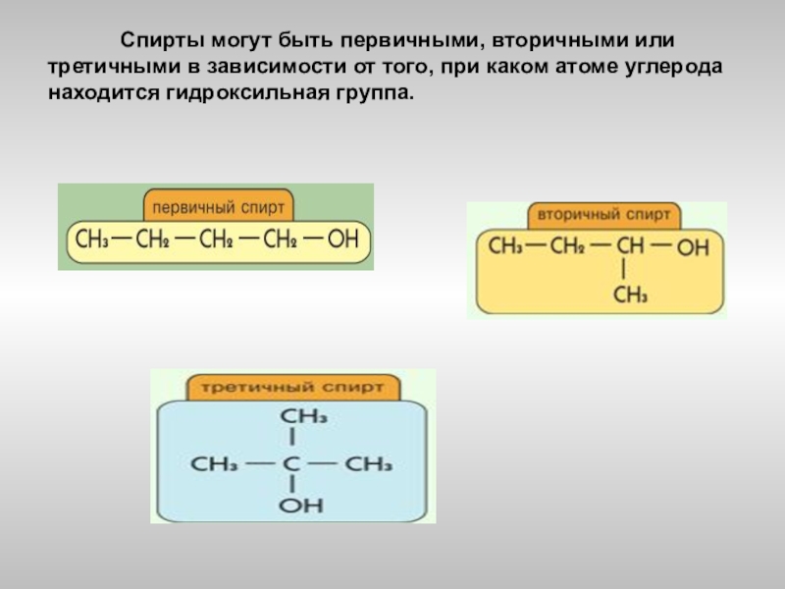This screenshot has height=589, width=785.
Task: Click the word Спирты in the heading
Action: point(161,41)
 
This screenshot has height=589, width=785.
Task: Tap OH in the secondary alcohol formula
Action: point(693,246)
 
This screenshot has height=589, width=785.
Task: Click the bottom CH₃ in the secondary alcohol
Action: point(631,294)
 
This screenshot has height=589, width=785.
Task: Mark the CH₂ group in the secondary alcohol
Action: point(567,245)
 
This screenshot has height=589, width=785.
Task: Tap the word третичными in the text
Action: point(100,69)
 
